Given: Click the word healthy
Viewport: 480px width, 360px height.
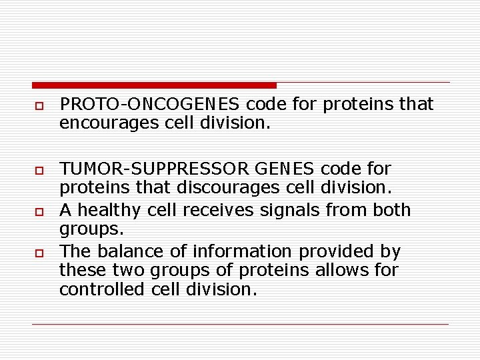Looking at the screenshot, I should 106,211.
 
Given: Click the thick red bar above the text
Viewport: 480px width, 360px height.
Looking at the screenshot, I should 154,85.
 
